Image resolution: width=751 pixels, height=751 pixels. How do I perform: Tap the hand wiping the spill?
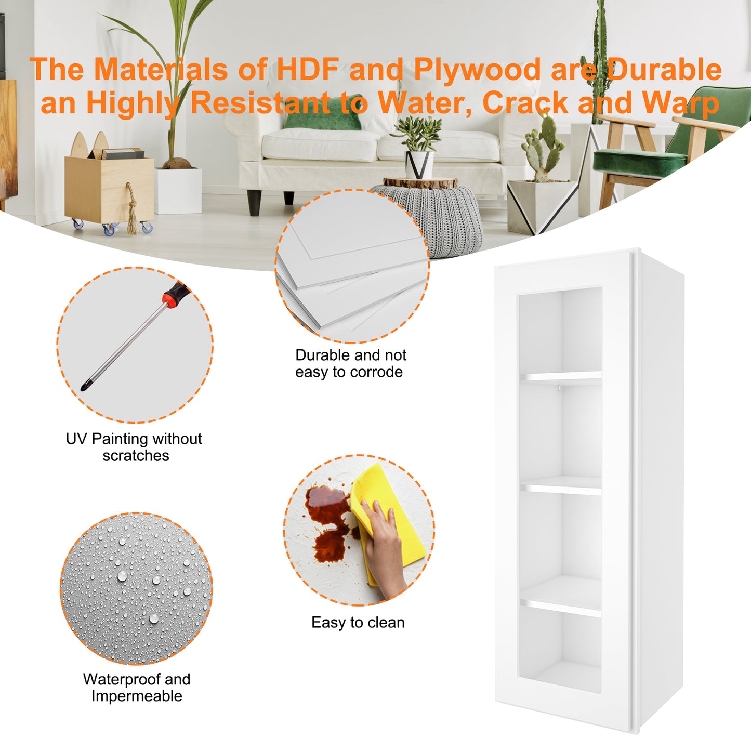point(384,549)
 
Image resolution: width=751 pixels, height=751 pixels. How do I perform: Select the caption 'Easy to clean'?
point(358,623)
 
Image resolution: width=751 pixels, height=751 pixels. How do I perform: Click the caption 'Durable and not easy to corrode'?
point(350,363)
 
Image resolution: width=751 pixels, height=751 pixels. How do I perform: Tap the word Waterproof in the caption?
point(122,679)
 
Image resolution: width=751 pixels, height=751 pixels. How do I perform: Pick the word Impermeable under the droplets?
point(137,696)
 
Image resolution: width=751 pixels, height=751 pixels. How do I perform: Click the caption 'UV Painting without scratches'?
point(134,447)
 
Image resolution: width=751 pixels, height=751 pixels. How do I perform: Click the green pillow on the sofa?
point(323,113)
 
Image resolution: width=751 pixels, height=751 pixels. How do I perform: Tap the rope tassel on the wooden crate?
point(132,208)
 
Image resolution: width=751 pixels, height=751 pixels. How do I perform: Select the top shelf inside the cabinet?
point(560,376)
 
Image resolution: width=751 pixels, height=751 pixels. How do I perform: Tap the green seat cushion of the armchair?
point(639,162)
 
